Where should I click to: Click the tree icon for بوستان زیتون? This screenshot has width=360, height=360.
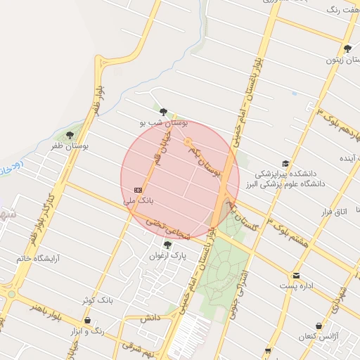347,49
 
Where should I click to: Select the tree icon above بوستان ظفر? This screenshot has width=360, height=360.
69,135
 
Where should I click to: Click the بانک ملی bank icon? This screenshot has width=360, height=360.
139,190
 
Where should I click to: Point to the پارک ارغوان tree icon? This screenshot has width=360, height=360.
167,245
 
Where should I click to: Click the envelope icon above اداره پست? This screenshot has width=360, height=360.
296,275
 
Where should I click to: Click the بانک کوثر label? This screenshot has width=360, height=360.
97,300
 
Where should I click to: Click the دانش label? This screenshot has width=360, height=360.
150,319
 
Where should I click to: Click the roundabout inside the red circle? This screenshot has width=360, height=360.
188,143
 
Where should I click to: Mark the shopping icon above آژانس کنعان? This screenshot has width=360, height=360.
319,327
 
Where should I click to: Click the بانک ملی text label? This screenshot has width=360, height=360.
138,201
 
